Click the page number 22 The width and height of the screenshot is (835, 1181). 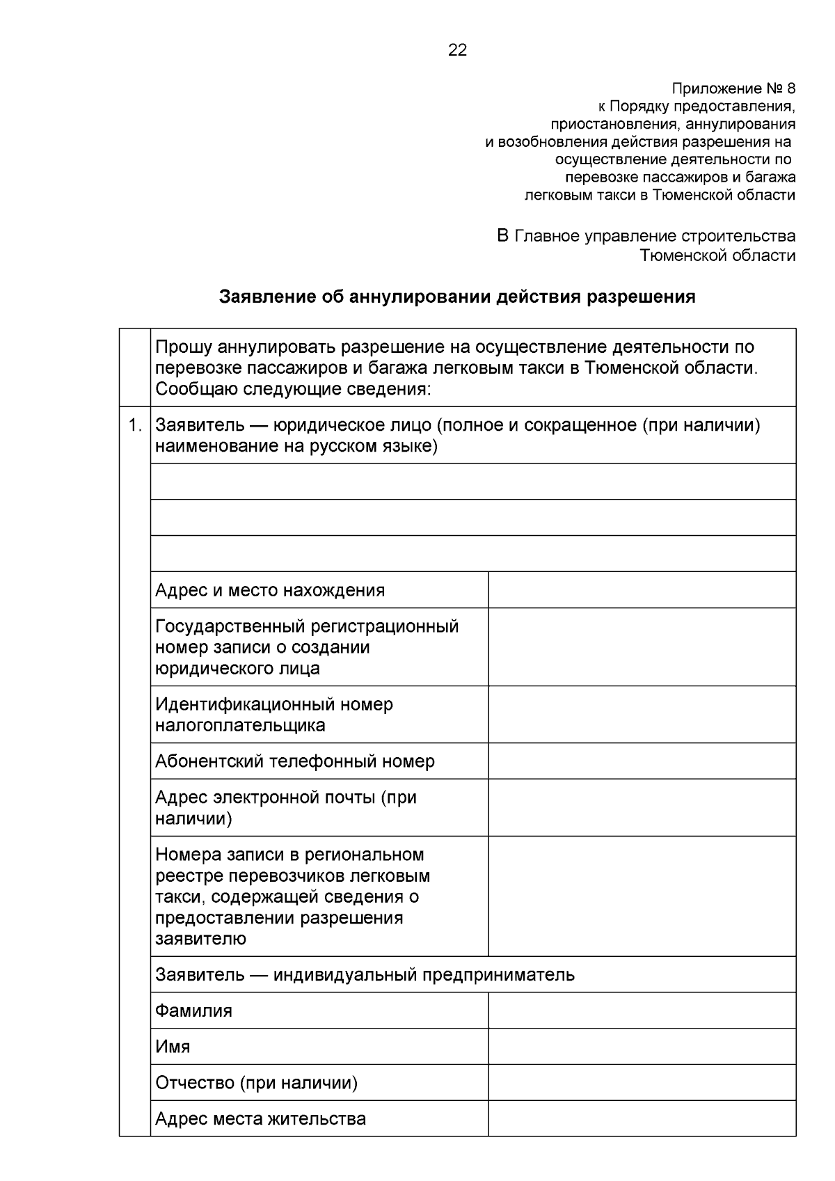[457, 50]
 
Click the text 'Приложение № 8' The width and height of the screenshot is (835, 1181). [733, 89]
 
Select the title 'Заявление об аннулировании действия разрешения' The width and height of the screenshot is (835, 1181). [457, 297]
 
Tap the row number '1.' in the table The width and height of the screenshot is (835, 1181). [135, 425]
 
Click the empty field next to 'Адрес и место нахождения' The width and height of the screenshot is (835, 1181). [642, 590]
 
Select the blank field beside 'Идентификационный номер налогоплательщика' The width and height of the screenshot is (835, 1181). [642, 715]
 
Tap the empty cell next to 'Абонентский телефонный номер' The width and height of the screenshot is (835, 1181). [642, 761]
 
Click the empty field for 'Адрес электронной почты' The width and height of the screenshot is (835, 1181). [642, 807]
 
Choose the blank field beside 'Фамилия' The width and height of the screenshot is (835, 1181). [642, 1010]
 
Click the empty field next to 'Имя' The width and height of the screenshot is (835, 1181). [642, 1047]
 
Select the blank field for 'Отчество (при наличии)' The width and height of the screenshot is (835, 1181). [642, 1083]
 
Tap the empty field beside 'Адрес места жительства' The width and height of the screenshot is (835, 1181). [642, 1119]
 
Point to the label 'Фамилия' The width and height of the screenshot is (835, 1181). [194, 1010]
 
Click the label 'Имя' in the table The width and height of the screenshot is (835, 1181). [173, 1047]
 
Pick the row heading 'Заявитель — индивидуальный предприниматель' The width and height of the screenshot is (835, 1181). [365, 974]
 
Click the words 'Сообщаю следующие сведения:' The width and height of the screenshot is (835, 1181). [294, 388]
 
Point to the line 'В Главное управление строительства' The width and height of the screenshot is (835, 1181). [646, 237]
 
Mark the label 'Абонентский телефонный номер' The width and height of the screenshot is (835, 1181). [295, 761]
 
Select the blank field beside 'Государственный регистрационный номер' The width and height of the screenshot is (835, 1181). [642, 647]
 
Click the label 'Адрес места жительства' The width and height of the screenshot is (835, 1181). [261, 1119]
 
